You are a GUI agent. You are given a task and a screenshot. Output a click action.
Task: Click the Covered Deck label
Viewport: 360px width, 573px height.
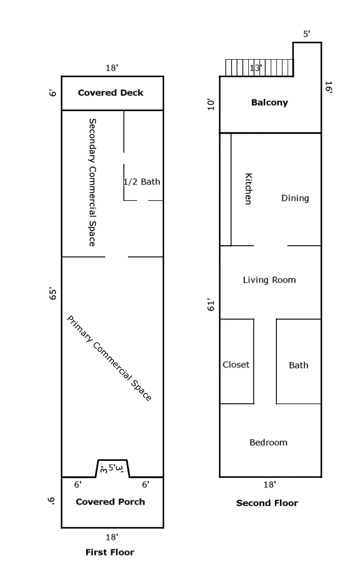pos(111,93)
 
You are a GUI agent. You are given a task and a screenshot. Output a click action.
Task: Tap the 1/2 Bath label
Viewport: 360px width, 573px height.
pos(142,181)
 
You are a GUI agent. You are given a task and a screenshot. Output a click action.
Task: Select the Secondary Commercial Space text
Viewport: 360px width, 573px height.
pos(92,182)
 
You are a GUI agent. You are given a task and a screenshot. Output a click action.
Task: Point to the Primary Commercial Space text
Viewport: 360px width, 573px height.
pos(110,358)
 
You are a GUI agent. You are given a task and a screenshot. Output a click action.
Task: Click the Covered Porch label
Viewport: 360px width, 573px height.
pos(110,502)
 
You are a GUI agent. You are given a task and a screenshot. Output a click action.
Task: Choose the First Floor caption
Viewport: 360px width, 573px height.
pos(110,552)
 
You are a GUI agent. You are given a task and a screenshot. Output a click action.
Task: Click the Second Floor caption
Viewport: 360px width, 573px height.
pos(267,503)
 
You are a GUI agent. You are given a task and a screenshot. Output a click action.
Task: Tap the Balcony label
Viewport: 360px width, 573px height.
pos(269,102)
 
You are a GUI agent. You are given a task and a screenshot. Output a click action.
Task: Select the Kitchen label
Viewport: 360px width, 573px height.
pos(248,189)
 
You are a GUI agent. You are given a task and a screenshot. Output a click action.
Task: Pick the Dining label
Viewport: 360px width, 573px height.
pos(295,198)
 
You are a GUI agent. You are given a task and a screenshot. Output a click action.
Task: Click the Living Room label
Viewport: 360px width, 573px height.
pos(269,280)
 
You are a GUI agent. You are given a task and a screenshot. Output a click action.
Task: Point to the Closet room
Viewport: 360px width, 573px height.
pos(236,364)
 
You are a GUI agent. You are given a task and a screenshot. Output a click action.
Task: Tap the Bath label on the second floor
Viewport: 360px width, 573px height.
pos(298,365)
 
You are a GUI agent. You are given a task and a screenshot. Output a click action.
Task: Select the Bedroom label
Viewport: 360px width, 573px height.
pos(268,442)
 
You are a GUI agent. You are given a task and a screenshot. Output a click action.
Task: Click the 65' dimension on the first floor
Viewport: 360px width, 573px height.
pos(52,294)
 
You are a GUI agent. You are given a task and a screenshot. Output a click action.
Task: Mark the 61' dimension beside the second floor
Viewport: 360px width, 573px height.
pos(211,305)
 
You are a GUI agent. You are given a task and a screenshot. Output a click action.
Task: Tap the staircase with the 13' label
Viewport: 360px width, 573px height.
pos(259,68)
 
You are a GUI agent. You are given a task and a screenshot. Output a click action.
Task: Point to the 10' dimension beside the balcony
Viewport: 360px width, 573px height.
pos(211,105)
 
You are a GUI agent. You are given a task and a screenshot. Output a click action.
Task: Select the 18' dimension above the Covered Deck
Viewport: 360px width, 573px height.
pos(112,68)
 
